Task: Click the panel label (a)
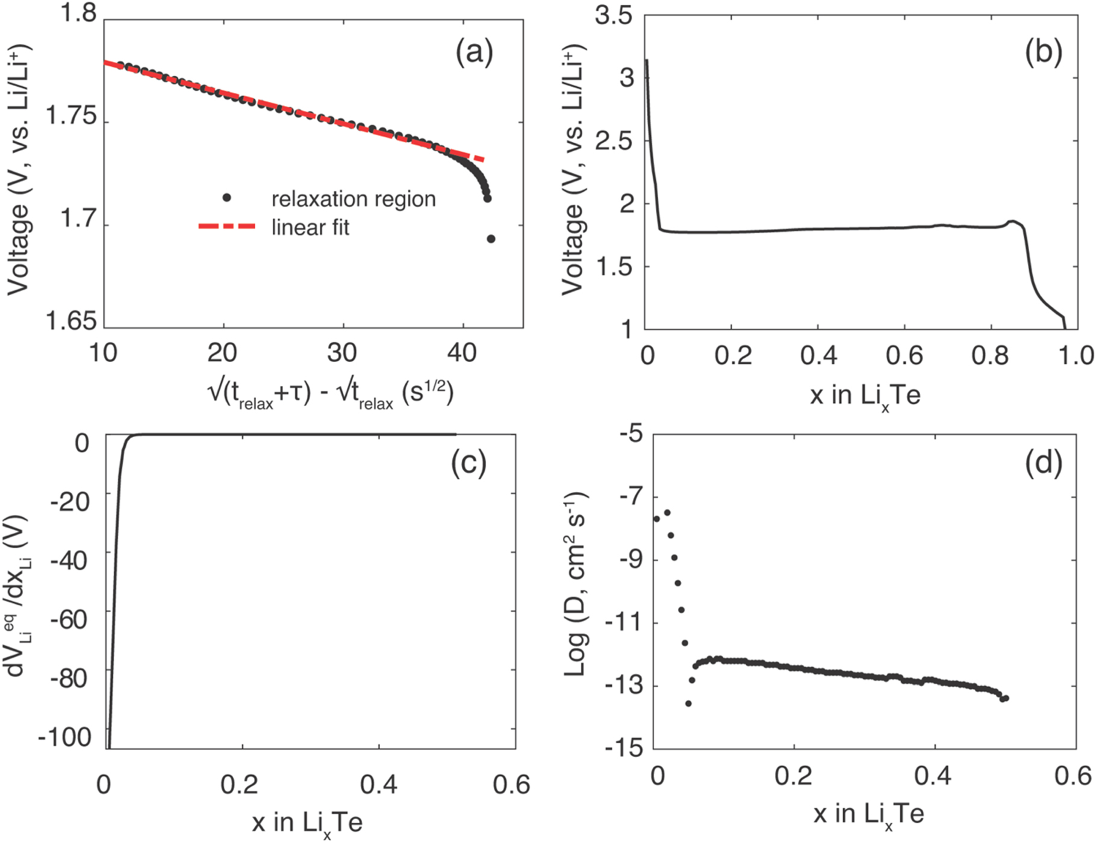pyautogui.click(x=474, y=53)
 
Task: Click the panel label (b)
pyautogui.click(x=1043, y=53)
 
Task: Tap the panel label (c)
pyautogui.click(x=469, y=463)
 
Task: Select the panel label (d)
pyautogui.click(x=1043, y=463)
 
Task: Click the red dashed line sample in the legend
pyautogui.click(x=227, y=227)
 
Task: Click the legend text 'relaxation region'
pyautogui.click(x=353, y=199)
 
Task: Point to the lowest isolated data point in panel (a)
pyautogui.click(x=491, y=239)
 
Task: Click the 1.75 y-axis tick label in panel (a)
pyautogui.click(x=71, y=116)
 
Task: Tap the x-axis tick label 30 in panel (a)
pyautogui.click(x=342, y=353)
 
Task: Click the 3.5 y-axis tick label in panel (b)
pyautogui.click(x=614, y=16)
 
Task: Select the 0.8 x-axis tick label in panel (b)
pyautogui.click(x=990, y=355)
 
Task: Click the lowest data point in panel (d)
pyautogui.click(x=688, y=703)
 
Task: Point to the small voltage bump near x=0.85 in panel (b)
pyautogui.click(x=1013, y=222)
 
